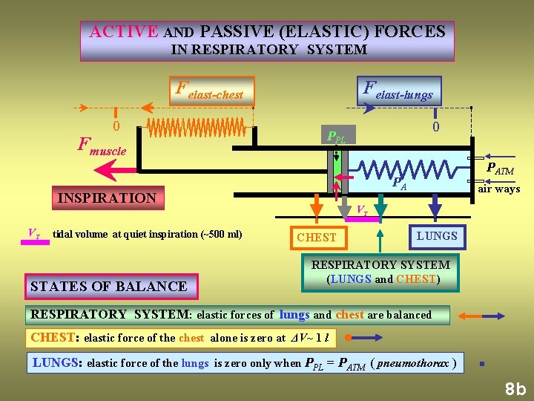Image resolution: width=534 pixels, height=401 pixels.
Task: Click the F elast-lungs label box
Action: coord(398,91)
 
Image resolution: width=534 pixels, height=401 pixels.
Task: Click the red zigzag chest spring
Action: coord(198,128)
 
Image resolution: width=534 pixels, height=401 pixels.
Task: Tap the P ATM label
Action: coord(499,170)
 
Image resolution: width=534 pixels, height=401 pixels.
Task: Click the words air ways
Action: coord(498,189)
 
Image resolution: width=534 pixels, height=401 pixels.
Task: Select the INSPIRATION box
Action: coord(107,198)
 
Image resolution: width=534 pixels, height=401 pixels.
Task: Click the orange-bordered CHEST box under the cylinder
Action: coord(317,237)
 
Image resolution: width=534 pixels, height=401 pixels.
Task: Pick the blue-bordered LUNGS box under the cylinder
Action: coord(437,235)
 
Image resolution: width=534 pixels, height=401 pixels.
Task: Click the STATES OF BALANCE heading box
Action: coord(108,286)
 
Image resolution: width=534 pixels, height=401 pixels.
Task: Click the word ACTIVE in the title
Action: coord(123,32)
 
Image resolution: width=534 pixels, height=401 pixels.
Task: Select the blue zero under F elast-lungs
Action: coord(436,128)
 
